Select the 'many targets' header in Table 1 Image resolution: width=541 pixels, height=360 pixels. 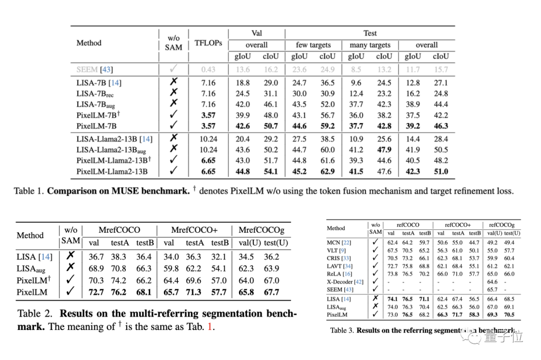tap(371, 45)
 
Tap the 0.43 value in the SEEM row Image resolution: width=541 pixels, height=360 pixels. tap(208, 70)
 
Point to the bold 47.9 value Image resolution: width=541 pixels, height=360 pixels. tap(384, 150)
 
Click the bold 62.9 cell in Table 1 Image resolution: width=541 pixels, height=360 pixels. tap(327, 172)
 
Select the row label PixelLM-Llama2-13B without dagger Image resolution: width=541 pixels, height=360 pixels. tap(112, 172)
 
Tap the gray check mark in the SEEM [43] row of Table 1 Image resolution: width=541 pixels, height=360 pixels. tap(173, 69)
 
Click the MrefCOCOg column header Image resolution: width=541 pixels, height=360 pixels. tap(262, 230)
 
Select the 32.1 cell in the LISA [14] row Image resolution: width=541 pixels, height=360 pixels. tap(219, 257)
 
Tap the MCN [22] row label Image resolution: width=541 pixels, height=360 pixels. tap(339, 243)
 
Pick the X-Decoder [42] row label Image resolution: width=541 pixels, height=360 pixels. tap(345, 282)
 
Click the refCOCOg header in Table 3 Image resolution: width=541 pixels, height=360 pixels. tap(502, 225)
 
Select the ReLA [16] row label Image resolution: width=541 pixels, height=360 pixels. tap(340, 274)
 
